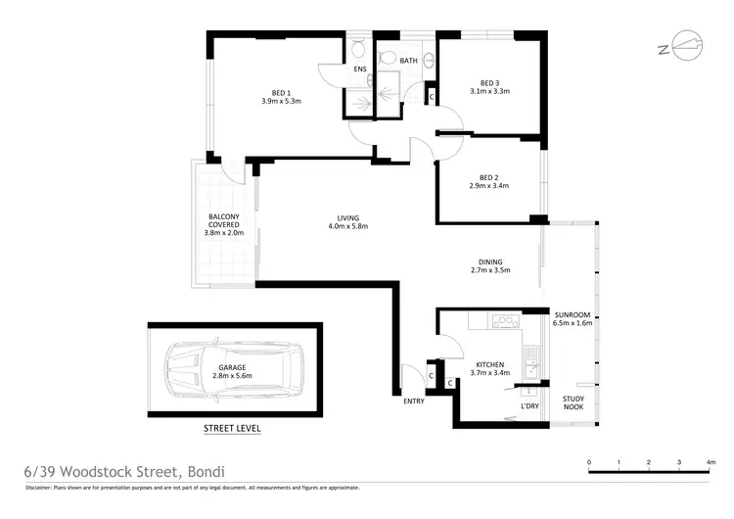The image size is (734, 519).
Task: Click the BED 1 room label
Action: [280, 92]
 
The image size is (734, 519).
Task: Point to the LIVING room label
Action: [347, 217]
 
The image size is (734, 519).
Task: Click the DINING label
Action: [490, 261]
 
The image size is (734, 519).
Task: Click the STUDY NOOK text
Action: [573, 402]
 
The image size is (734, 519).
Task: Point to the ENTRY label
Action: [414, 401]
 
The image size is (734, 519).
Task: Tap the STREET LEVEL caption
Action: [232, 428]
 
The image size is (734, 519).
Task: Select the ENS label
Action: [359, 71]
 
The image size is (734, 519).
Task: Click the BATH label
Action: [409, 62]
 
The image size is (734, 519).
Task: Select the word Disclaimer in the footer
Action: [44, 488]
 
